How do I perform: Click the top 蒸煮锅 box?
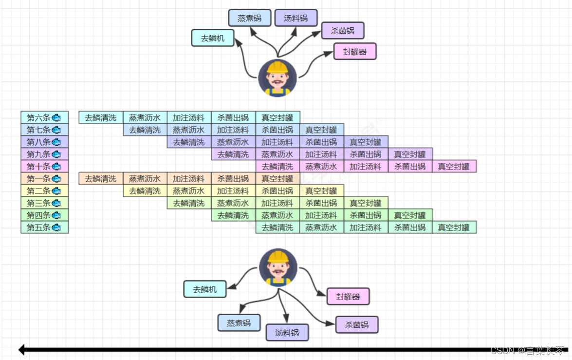click(249, 18)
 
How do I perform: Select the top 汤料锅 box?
click(296, 18)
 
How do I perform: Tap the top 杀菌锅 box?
click(343, 31)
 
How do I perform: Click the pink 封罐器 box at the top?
click(355, 51)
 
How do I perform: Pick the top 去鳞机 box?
click(213, 38)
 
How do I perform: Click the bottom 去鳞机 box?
click(205, 289)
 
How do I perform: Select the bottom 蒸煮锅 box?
click(239, 322)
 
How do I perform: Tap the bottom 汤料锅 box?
click(287, 333)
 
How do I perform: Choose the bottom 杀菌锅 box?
click(357, 324)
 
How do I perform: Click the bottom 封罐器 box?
click(348, 296)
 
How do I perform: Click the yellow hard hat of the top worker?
click(277, 66)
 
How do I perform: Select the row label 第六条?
click(44, 117)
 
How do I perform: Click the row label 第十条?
click(44, 166)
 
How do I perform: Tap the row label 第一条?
click(44, 178)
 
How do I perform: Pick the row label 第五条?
click(44, 227)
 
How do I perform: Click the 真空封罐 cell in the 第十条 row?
click(454, 166)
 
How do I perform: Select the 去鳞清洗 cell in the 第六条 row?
click(101, 117)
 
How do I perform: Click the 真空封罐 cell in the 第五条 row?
click(454, 227)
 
